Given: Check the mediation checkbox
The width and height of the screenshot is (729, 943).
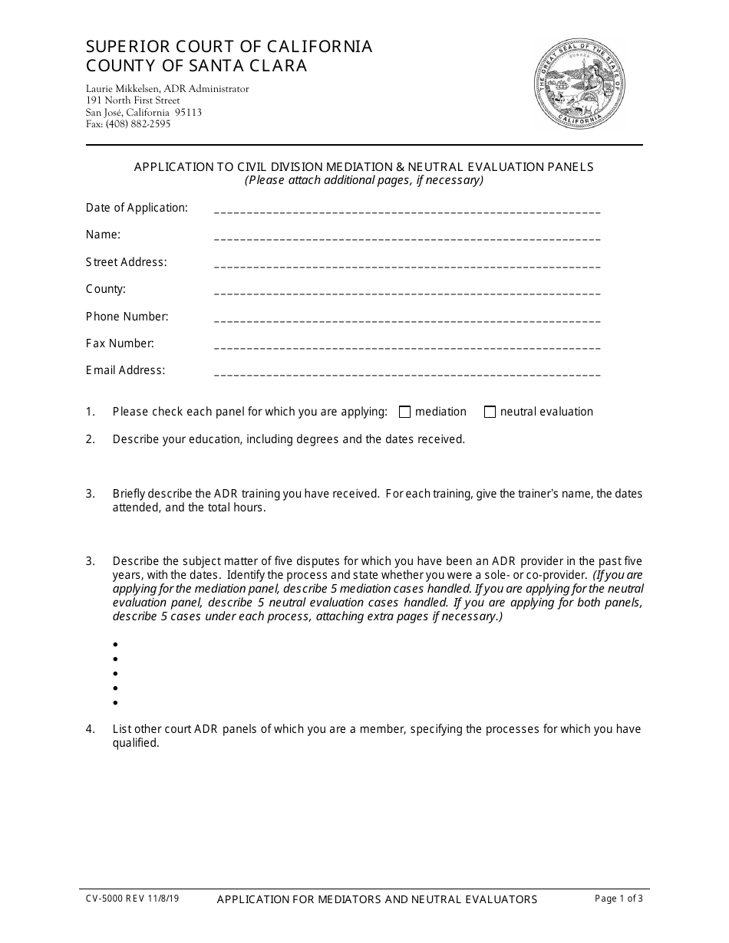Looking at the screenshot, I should (x=405, y=412).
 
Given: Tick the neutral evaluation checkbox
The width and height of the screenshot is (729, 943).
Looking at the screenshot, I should (x=490, y=412).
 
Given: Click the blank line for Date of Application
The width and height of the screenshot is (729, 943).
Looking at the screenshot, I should (x=407, y=211).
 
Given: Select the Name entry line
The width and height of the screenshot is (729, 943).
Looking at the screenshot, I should (x=407, y=238).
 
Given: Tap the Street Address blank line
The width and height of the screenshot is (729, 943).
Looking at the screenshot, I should (x=407, y=265).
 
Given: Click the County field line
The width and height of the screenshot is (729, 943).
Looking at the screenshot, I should (x=407, y=292).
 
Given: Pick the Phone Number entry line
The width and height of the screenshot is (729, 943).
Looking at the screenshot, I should (x=407, y=320).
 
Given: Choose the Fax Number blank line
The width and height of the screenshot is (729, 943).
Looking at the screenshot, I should (x=407, y=347).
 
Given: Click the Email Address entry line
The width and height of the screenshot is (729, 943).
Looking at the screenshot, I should (x=407, y=373).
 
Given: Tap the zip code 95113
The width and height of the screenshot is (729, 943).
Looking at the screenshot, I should (x=188, y=112).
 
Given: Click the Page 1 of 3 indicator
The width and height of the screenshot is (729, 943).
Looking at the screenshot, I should (x=618, y=899).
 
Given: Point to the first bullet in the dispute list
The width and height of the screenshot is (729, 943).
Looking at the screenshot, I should (x=115, y=645).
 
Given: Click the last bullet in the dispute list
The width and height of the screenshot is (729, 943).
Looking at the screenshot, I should (x=115, y=703).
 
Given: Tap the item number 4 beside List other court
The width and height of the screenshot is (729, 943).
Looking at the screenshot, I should (x=90, y=729).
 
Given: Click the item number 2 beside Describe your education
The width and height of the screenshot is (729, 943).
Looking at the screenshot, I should (x=90, y=439).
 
